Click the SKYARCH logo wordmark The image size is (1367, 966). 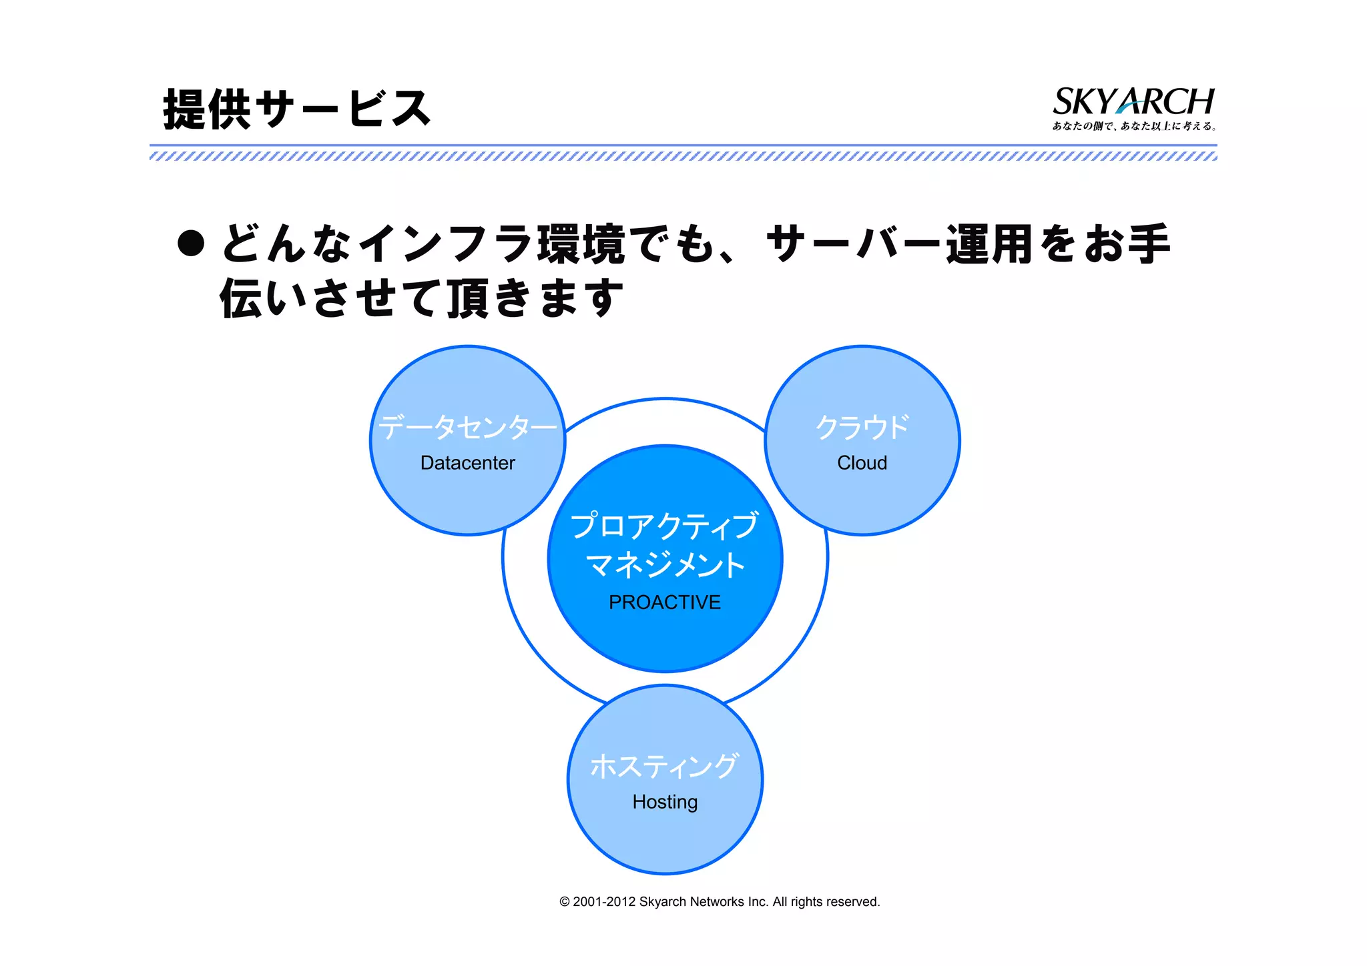[x=1133, y=101]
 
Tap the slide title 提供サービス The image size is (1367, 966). [x=297, y=109]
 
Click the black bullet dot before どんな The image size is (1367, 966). [x=191, y=244]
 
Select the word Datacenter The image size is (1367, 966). [x=467, y=463]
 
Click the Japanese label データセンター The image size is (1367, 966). [x=467, y=427]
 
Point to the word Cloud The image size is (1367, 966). [x=862, y=463]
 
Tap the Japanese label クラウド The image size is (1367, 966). [x=862, y=427]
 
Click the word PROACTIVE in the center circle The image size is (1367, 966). [x=664, y=602]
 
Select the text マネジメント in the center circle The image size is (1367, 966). [x=665, y=565]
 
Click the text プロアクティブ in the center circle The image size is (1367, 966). [x=665, y=526]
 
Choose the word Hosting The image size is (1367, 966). [x=665, y=802]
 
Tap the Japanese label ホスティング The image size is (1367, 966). [x=665, y=766]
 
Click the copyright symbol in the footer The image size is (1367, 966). [x=565, y=902]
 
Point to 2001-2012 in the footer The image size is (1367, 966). [x=603, y=902]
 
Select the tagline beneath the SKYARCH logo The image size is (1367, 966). [x=1133, y=126]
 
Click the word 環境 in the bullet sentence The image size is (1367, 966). [x=581, y=244]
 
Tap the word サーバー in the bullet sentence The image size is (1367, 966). [x=854, y=244]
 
